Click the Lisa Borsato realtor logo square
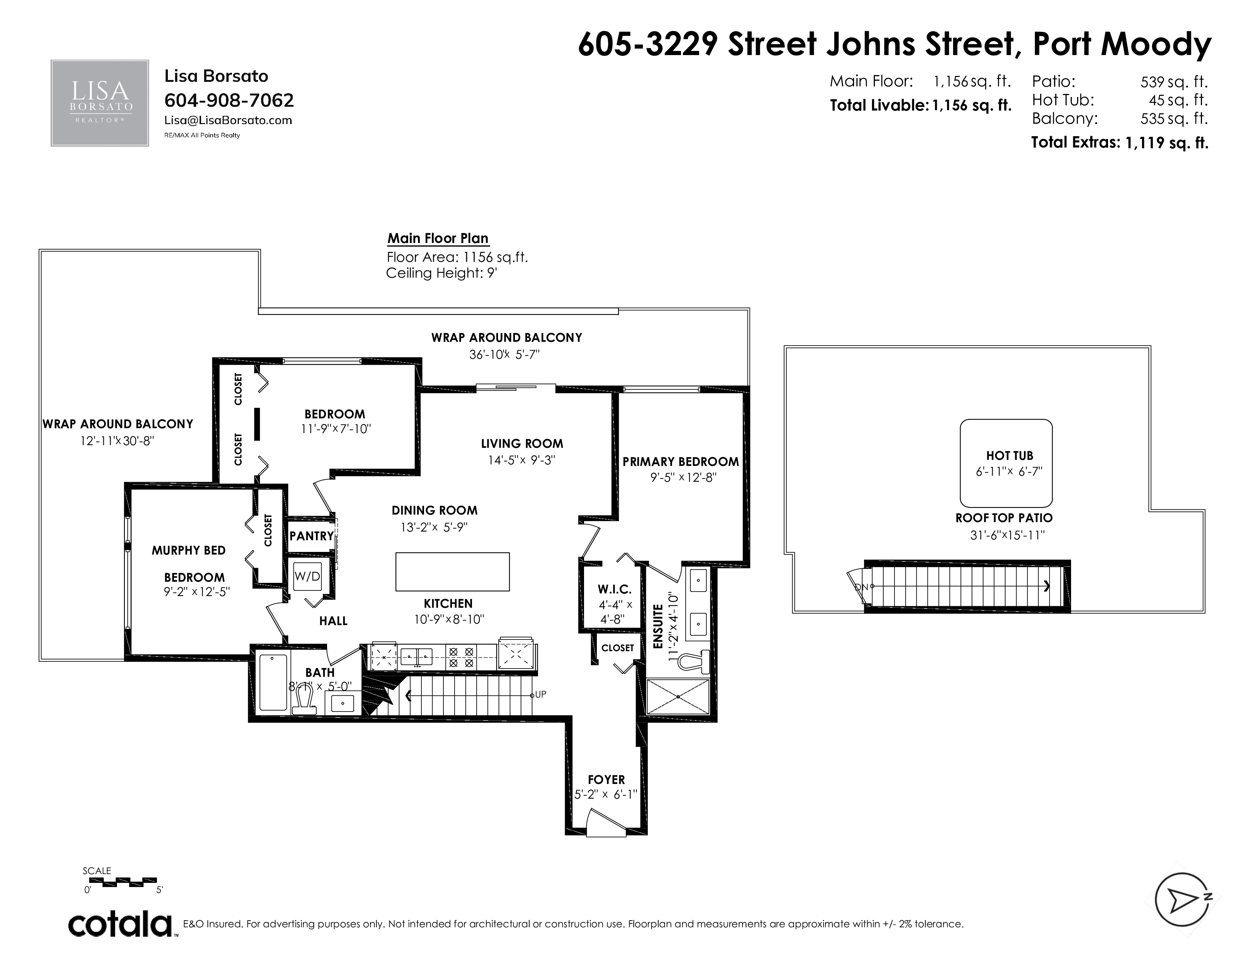tap(100, 103)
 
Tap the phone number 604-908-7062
tap(229, 100)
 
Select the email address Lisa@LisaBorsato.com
tap(228, 120)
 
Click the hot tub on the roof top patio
tap(1006, 463)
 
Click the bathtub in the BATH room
tap(273, 682)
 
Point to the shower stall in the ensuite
tap(678, 696)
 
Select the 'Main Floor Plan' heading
tap(438, 238)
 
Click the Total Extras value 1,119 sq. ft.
tap(1166, 143)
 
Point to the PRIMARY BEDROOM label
tap(681, 462)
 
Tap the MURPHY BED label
tap(189, 550)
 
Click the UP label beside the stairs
tap(540, 695)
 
